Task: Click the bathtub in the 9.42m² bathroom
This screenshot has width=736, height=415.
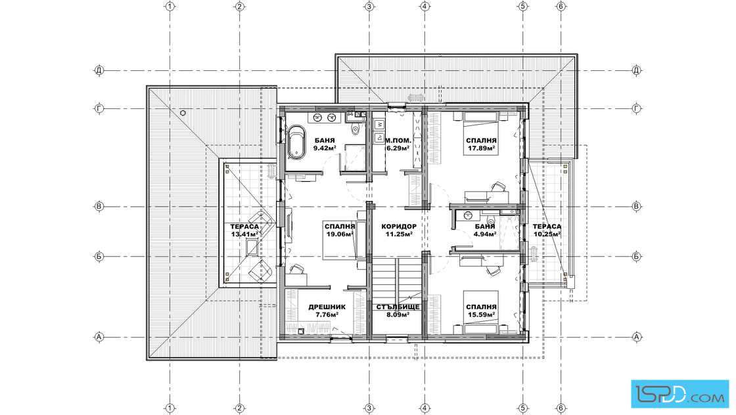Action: point(296,141)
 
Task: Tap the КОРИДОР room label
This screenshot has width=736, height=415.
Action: point(398,226)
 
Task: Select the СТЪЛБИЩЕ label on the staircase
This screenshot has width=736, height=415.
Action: point(398,307)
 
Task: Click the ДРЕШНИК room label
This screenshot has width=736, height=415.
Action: point(327,307)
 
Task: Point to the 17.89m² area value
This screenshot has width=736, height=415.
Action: point(482,148)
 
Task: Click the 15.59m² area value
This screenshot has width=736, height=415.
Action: point(482,315)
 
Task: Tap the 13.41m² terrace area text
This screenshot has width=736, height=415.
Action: point(244,234)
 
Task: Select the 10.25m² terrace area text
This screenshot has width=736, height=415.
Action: point(547,234)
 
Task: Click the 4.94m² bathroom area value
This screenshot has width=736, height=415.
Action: point(486,234)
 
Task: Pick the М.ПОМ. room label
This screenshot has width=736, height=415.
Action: point(398,141)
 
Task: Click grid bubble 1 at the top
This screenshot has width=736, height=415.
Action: point(170,7)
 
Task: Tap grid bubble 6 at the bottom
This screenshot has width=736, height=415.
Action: point(561,408)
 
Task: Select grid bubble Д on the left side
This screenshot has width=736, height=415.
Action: point(99,71)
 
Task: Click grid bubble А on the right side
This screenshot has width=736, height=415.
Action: point(637,337)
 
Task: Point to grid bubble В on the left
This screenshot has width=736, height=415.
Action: point(99,206)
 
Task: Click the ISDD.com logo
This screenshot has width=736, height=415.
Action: point(679,393)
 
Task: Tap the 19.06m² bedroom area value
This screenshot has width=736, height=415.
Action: point(340,234)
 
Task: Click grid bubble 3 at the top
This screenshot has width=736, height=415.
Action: point(369,7)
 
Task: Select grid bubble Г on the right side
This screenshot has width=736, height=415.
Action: point(637,109)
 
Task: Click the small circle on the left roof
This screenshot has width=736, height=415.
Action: point(183,113)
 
